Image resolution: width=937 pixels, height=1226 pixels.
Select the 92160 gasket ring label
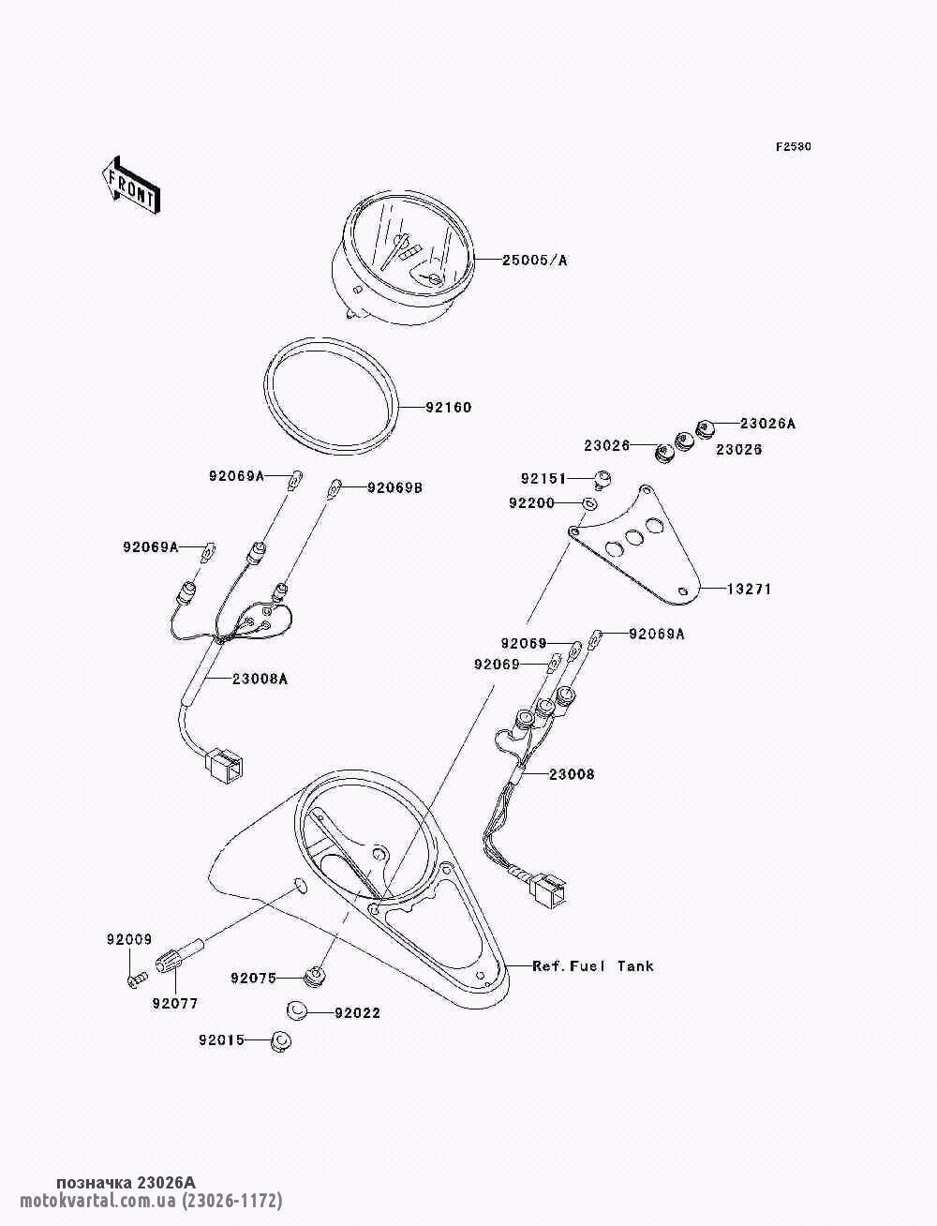[x=449, y=408]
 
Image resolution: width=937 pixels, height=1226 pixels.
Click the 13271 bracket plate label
[x=750, y=590]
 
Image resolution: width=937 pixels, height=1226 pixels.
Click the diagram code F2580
[x=793, y=147]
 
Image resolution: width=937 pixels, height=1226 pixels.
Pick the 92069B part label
[x=394, y=487]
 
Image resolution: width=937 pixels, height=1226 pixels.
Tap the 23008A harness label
[x=255, y=680]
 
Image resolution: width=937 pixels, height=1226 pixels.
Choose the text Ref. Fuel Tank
[x=593, y=965]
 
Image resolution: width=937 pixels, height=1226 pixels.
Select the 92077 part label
[x=175, y=1003]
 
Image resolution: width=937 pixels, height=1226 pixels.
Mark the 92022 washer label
[x=357, y=1013]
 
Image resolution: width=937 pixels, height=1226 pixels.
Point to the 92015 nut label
[x=221, y=1039]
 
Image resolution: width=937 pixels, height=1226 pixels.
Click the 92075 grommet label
[x=253, y=979]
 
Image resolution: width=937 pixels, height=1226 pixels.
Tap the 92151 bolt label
[x=544, y=478]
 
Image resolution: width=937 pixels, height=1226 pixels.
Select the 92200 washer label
[x=532, y=503]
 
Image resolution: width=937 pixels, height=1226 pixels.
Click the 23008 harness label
[x=572, y=775]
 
